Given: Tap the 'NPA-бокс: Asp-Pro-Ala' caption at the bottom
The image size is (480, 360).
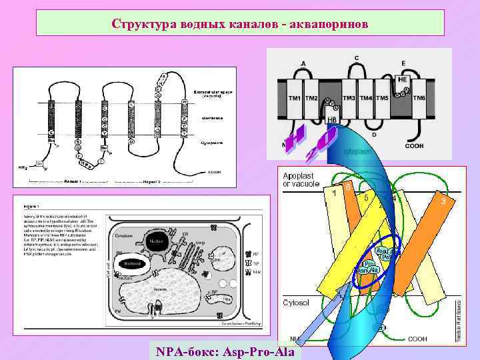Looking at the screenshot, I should (227, 350).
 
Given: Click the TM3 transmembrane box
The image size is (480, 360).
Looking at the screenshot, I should (349, 98).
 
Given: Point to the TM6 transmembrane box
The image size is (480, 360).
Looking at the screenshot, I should (419, 98).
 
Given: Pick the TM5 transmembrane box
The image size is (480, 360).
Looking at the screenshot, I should (382, 98).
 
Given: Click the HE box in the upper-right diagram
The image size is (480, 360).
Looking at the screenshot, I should (403, 79).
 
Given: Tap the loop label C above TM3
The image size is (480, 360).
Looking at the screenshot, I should (356, 57).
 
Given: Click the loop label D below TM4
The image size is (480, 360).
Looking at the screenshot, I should (373, 134).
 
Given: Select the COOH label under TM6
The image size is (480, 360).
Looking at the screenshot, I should (414, 145).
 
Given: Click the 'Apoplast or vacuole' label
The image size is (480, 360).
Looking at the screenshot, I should (302, 179).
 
